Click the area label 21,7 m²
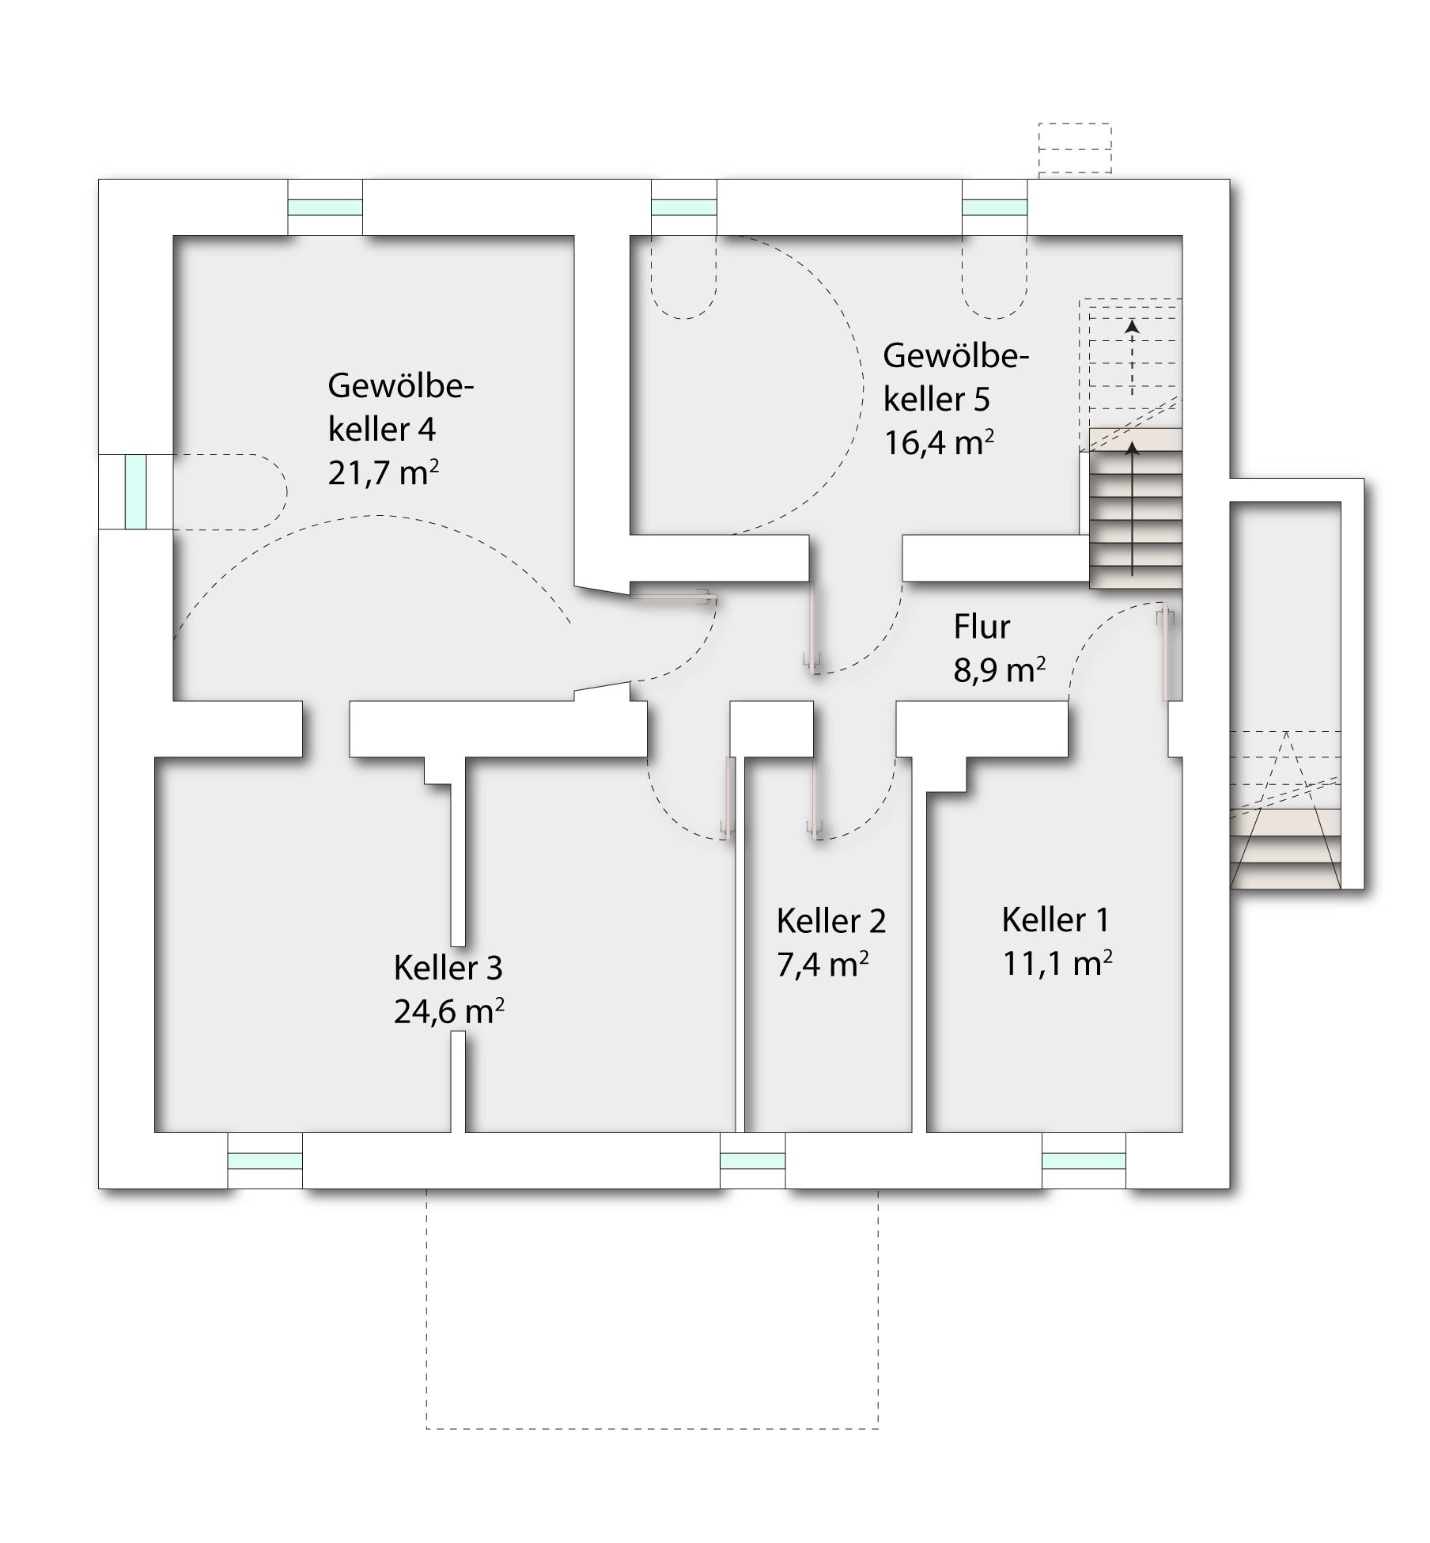pyautogui.click(x=384, y=473)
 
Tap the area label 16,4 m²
pyautogui.click(x=939, y=442)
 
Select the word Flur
pyautogui.click(x=982, y=627)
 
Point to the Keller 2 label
pyautogui.click(x=831, y=921)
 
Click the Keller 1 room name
pyautogui.click(x=1055, y=919)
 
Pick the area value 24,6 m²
pyautogui.click(x=449, y=1012)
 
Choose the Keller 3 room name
pyautogui.click(x=448, y=968)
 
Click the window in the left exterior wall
pyautogui.click(x=136, y=491)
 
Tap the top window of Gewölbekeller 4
pyautogui.click(x=324, y=207)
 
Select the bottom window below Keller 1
pyautogui.click(x=1084, y=1161)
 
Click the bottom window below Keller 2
pyautogui.click(x=753, y=1161)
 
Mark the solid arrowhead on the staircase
pyautogui.click(x=1133, y=449)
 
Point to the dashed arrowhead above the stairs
pyautogui.click(x=1133, y=325)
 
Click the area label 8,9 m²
pyautogui.click(x=1000, y=671)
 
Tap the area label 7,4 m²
pyautogui.click(x=823, y=965)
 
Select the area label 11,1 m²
pyautogui.click(x=1057, y=964)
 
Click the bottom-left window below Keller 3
pyautogui.click(x=265, y=1161)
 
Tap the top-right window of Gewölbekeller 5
pyautogui.click(x=995, y=207)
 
